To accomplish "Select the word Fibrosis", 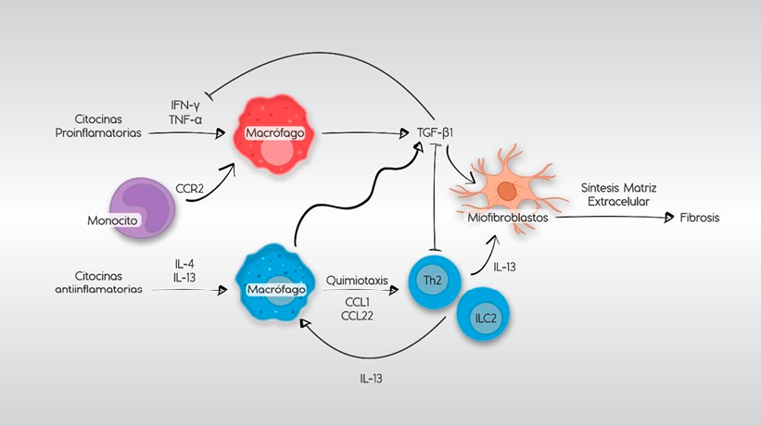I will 699,218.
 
